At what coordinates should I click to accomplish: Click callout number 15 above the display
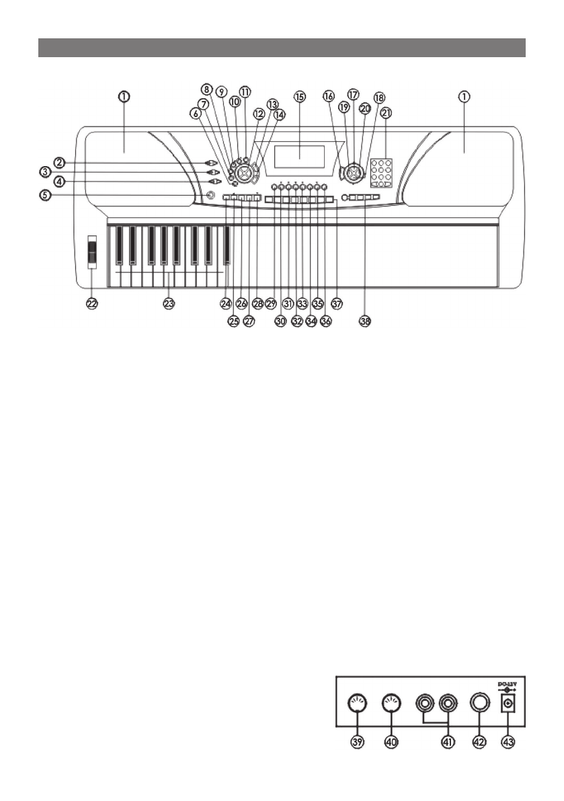[300, 97]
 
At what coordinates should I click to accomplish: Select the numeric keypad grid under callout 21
[382, 173]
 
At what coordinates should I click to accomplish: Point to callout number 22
[91, 304]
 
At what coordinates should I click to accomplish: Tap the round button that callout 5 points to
[212, 196]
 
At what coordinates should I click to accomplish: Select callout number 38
[365, 321]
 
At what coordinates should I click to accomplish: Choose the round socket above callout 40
[391, 705]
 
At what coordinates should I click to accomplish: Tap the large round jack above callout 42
[480, 705]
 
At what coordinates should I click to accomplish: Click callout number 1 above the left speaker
[125, 97]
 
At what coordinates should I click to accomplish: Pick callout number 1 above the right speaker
[465, 97]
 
